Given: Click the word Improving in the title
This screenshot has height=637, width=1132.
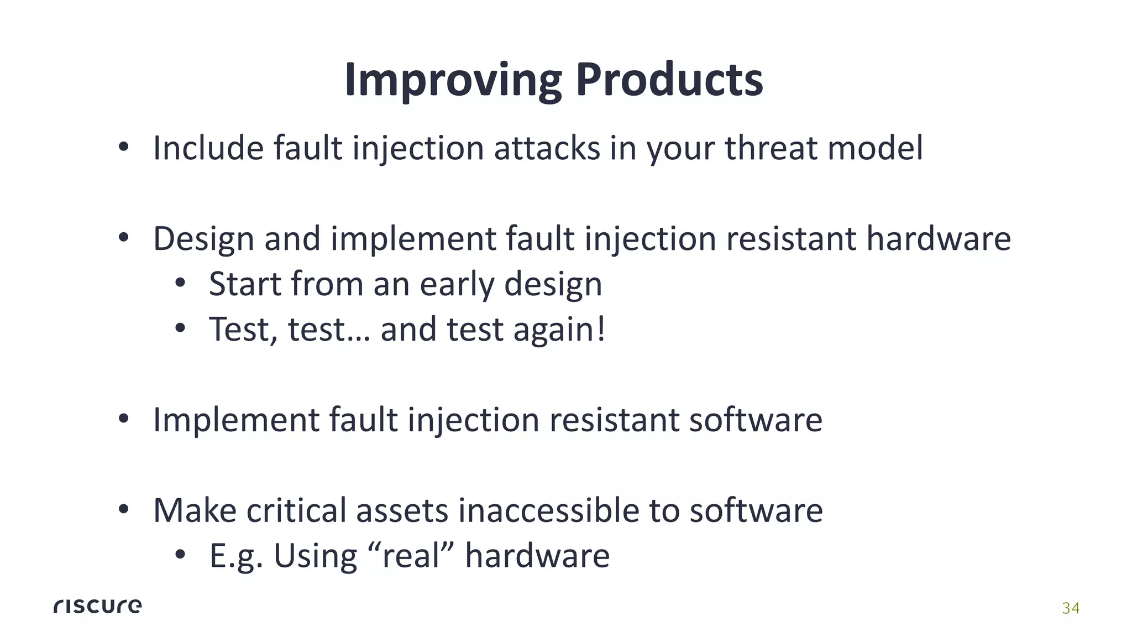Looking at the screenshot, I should (x=452, y=80).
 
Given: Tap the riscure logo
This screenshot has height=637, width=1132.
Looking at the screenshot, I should (x=97, y=606).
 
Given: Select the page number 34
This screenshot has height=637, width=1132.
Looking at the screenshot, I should (x=1070, y=608).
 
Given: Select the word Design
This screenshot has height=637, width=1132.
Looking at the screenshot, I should (x=203, y=239).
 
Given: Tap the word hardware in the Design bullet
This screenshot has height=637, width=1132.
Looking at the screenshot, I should (x=938, y=239).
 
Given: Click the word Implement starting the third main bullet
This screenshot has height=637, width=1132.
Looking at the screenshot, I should (x=236, y=420).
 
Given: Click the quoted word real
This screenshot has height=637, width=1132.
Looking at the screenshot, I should (x=410, y=556).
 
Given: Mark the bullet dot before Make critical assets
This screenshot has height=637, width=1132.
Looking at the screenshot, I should (x=123, y=510).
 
